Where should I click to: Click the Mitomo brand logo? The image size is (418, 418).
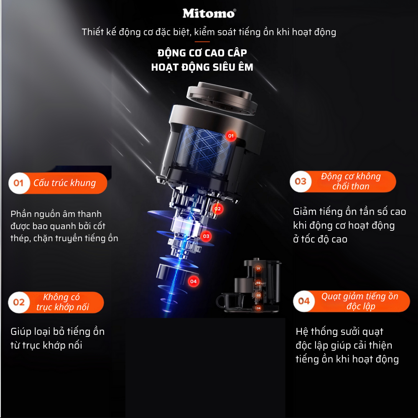click(x=209, y=13)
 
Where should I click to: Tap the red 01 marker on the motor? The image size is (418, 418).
click(x=231, y=136)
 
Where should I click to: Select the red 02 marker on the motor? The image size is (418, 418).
click(x=217, y=209)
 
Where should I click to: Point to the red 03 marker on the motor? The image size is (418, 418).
click(x=206, y=236)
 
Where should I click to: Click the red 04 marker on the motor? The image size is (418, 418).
click(x=194, y=281)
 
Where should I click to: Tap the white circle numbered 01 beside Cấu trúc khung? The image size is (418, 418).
click(x=19, y=183)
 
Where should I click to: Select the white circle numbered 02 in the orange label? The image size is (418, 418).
click(x=19, y=302)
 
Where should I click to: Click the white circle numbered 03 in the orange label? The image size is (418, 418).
click(x=301, y=181)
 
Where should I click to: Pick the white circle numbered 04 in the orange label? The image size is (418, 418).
click(x=304, y=301)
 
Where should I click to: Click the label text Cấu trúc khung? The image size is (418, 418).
click(x=64, y=183)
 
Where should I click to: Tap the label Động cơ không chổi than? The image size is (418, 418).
click(x=351, y=181)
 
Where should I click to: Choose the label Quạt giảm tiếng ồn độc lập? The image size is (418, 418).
click(x=360, y=301)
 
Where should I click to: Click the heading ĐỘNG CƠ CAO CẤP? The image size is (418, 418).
click(x=202, y=53)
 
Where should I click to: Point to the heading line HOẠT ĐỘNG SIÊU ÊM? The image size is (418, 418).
click(x=202, y=67)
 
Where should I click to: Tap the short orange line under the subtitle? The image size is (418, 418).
click(x=202, y=41)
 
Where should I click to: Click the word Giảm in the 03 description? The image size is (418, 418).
click(x=304, y=212)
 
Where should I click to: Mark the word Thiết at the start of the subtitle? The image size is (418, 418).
click(x=92, y=32)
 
